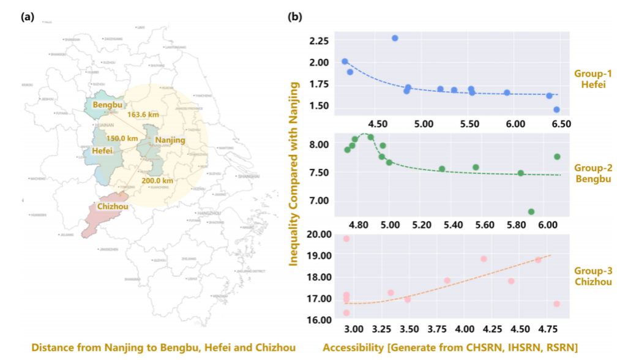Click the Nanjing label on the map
169,141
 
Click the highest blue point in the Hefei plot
395,38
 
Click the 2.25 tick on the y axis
319,41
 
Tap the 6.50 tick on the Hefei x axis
561,124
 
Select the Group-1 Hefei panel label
589,78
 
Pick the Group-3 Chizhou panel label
589,276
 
